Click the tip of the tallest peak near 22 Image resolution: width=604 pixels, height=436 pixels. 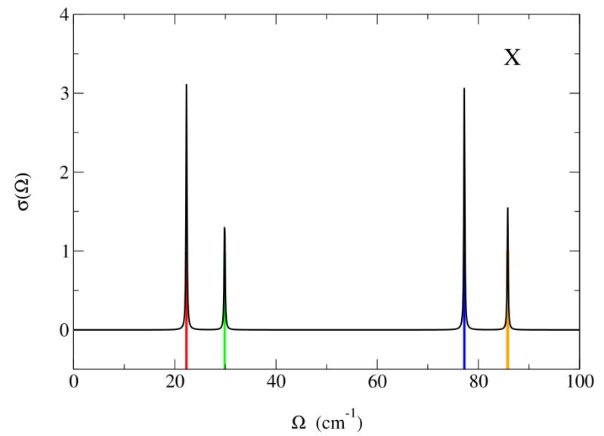[187, 85]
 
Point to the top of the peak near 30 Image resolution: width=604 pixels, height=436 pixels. [225, 228]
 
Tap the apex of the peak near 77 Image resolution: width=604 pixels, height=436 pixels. [464, 89]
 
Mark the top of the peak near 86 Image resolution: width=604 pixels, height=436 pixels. [507, 208]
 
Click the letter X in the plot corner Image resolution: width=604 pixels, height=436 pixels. [513, 58]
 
